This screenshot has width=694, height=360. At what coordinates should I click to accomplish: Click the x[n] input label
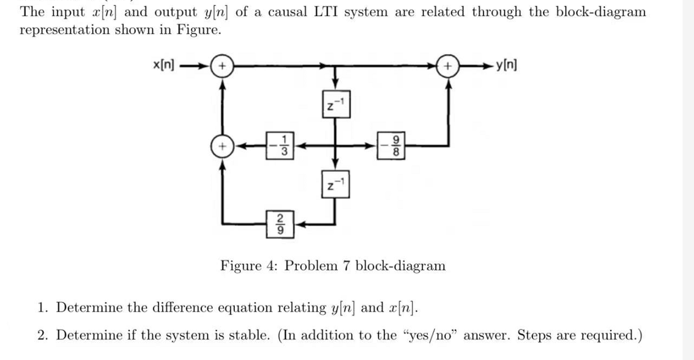163,64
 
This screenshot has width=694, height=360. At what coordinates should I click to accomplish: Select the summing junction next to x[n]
222,64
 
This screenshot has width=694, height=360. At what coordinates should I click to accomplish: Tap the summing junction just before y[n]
448,64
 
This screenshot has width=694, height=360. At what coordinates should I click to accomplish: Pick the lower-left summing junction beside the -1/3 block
222,145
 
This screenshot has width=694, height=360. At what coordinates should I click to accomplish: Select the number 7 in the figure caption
347,266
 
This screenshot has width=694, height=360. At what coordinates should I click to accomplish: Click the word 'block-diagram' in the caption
401,266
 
